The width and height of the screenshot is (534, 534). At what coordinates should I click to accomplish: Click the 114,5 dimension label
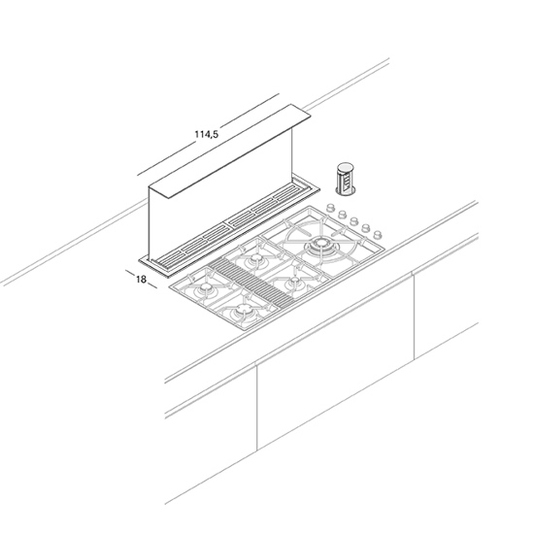(x=207, y=134)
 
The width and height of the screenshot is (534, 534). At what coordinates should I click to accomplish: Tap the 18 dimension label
(x=141, y=280)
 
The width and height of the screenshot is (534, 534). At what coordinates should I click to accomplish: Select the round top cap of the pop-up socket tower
(x=346, y=167)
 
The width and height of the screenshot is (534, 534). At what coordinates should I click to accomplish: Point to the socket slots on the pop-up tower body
(x=346, y=183)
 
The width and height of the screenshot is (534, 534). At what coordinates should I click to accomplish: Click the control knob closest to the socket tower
(x=330, y=208)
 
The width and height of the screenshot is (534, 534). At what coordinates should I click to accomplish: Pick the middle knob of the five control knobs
(x=354, y=221)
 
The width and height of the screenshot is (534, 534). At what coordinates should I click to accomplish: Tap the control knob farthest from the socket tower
(x=378, y=235)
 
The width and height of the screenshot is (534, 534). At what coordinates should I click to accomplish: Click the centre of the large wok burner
(x=320, y=244)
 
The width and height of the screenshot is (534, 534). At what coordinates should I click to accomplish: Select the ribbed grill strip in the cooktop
(x=251, y=282)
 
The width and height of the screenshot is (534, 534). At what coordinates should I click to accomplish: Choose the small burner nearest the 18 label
(x=206, y=288)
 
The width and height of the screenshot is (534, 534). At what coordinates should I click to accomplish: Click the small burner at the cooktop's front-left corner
(x=244, y=311)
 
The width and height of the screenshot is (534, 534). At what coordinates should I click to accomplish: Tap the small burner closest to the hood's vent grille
(x=255, y=259)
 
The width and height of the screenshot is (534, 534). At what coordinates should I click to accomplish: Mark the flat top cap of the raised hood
(x=230, y=151)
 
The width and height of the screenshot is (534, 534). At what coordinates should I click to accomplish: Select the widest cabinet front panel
(x=336, y=363)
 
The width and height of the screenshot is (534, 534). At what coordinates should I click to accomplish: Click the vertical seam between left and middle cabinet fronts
(x=256, y=408)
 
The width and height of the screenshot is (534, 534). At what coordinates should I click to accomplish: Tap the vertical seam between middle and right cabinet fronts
(x=414, y=316)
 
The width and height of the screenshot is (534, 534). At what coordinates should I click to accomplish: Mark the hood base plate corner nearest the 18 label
(x=139, y=261)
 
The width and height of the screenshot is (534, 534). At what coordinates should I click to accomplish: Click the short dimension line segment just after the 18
(x=152, y=285)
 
